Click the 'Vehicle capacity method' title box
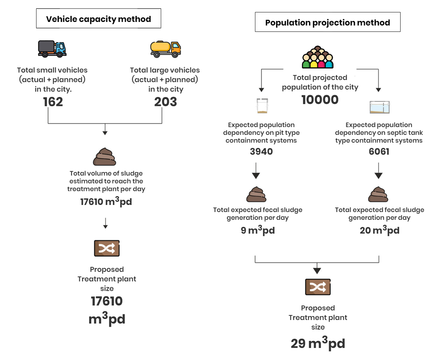[98, 18]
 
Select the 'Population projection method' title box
[328, 22]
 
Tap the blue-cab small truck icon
[52, 49]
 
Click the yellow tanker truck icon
[165, 49]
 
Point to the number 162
[53, 102]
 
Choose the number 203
[165, 102]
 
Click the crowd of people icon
[318, 57]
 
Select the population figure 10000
[320, 100]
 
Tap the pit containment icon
[262, 106]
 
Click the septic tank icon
[380, 107]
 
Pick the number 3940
[261, 152]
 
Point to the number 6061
[379, 152]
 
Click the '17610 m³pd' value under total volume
[106, 201]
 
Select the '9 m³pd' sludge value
[257, 230]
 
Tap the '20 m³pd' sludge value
[380, 230]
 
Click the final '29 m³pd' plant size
[318, 343]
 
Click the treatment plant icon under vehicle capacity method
[107, 248]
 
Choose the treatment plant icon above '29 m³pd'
[318, 287]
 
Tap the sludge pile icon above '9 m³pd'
[256, 194]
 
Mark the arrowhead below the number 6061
[379, 176]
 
